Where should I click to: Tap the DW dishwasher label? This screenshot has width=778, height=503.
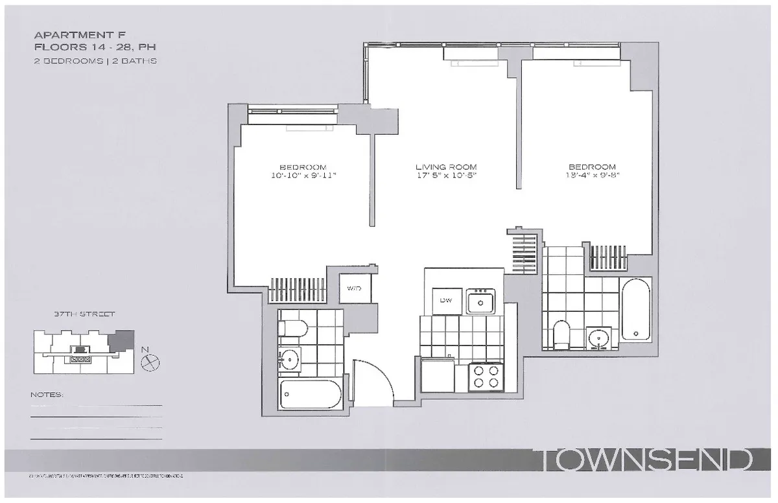(446, 300)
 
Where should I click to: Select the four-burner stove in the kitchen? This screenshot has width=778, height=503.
(486, 377)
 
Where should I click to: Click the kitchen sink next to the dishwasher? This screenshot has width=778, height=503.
(481, 301)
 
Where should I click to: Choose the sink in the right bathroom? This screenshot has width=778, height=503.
(598, 337)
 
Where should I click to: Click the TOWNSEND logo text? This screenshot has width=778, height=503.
(646, 461)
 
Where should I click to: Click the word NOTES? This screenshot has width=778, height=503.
(47, 394)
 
